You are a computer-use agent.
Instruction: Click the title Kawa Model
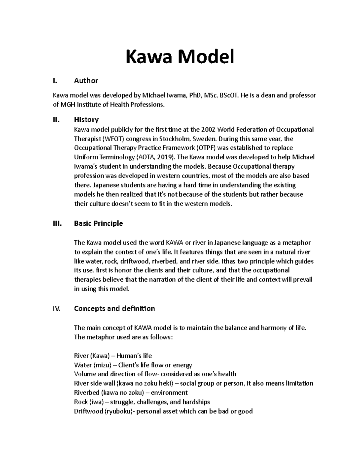[x=180, y=57]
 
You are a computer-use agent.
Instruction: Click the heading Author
[x=86, y=80]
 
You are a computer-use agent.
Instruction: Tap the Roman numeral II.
[x=56, y=120]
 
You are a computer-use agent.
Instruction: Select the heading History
[x=86, y=120]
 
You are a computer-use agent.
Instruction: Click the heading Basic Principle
[x=98, y=224]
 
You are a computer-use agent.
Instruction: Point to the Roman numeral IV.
[x=56, y=308]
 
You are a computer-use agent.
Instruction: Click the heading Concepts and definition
[x=114, y=308]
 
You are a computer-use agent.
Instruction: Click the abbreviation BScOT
[x=229, y=95]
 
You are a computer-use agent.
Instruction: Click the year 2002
[x=208, y=130]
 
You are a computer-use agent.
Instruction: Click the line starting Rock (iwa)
[x=142, y=402]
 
